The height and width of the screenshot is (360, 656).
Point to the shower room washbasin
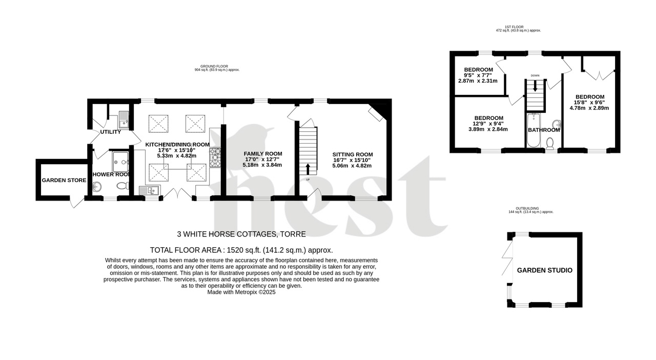click(x=98, y=188)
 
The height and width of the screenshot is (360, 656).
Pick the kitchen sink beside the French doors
click(x=152, y=191)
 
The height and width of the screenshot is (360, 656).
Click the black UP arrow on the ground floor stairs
click(x=307, y=169)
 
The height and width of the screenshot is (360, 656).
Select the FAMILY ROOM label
click(x=262, y=154)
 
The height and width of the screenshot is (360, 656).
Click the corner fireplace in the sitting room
click(x=378, y=112)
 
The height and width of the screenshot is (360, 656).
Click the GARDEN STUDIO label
click(x=544, y=270)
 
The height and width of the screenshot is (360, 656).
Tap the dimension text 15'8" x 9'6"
click(x=589, y=102)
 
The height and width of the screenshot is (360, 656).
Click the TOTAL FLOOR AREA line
click(x=241, y=250)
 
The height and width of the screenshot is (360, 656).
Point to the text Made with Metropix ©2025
click(x=241, y=292)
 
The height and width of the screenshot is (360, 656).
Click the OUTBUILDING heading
click(x=530, y=208)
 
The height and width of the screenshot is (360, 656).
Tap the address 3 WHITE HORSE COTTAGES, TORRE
click(x=241, y=234)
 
